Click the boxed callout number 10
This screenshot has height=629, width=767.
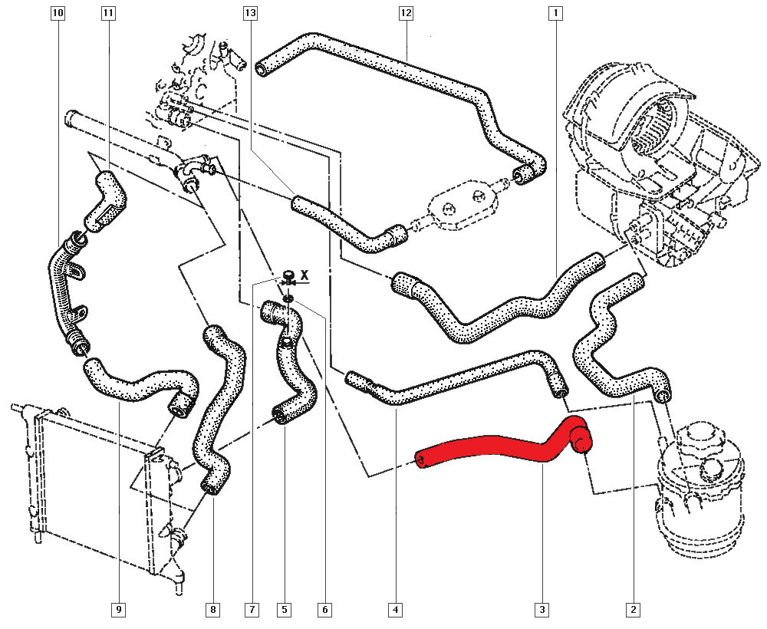tap(58, 13)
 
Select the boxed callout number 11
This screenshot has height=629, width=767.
tap(107, 13)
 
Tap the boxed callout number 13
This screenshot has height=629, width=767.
tap(250, 13)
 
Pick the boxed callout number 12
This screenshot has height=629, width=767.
tap(406, 13)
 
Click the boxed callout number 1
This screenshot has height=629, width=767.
tap(555, 13)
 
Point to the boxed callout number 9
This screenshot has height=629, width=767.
tap(119, 609)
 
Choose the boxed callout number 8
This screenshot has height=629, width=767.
tap(212, 609)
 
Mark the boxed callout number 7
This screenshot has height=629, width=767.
tap(252, 609)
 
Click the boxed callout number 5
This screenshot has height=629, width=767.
tap(284, 609)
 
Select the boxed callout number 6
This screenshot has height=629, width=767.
tap(324, 609)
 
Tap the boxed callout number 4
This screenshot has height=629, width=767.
tap(395, 609)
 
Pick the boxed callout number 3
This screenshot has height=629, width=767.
tap(542, 609)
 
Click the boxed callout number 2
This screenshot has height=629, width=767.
tap(634, 609)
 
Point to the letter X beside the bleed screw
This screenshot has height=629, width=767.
tap(304, 275)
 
